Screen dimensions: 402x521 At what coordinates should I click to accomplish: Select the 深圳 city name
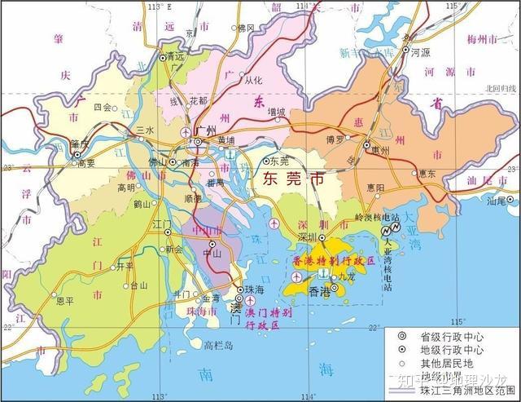click(308, 236)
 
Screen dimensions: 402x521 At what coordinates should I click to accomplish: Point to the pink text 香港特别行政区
click(332, 260)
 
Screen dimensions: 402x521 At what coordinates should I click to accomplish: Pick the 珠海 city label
click(256, 289)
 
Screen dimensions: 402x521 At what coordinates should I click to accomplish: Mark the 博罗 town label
click(335, 139)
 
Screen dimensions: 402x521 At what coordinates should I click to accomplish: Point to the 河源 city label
click(421, 51)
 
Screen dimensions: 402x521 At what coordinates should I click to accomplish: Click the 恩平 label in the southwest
click(64, 300)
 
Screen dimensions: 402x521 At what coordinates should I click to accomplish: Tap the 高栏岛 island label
click(218, 345)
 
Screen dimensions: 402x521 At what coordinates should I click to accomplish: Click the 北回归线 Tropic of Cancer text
click(501, 88)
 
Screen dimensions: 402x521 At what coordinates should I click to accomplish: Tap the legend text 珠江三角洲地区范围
click(465, 391)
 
